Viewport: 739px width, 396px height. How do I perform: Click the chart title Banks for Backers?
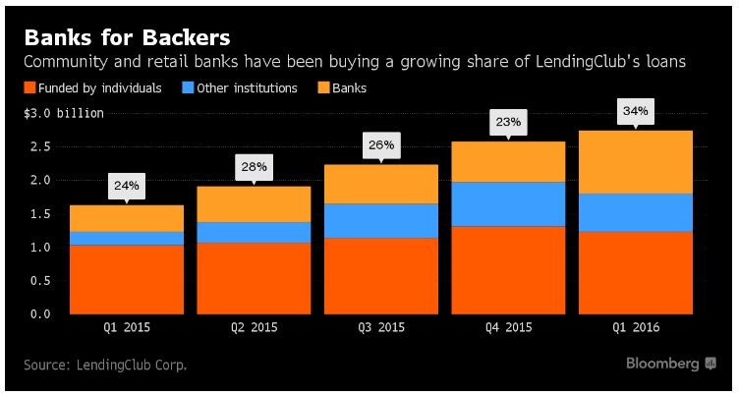click(x=127, y=38)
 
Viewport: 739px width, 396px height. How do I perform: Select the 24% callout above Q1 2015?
click(x=126, y=186)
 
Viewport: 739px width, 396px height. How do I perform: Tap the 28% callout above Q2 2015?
click(x=254, y=166)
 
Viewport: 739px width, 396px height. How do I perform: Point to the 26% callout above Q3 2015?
click(x=380, y=145)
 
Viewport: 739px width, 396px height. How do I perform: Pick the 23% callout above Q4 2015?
click(x=508, y=123)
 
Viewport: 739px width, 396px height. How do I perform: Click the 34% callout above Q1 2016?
click(x=635, y=112)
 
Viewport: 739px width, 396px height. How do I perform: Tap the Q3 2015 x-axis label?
click(x=380, y=328)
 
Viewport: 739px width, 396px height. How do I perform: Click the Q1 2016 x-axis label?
click(x=635, y=328)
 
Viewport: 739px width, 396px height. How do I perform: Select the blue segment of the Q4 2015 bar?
click(x=508, y=204)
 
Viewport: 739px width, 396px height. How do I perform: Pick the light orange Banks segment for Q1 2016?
click(x=635, y=162)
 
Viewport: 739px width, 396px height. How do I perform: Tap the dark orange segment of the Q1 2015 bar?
click(x=126, y=279)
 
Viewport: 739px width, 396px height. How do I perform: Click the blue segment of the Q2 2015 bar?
click(x=254, y=232)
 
